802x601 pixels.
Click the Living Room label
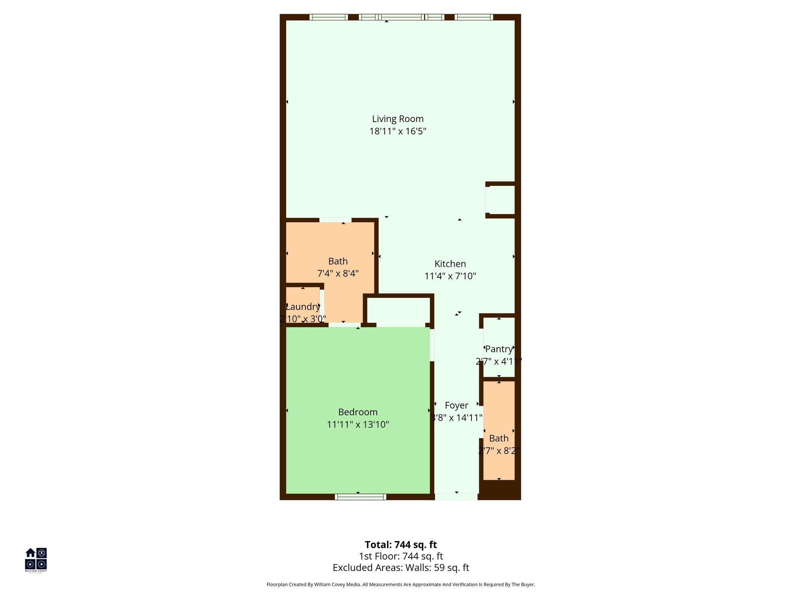click(397, 119)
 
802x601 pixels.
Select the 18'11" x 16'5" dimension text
click(397, 131)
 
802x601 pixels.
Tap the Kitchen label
click(450, 264)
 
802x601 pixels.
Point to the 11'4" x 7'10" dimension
click(450, 276)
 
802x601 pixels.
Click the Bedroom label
click(358, 412)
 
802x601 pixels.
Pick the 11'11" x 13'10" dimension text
click(358, 425)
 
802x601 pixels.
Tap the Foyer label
click(456, 406)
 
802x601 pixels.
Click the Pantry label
click(499, 349)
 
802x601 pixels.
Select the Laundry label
click(303, 307)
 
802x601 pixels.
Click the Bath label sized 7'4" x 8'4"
click(338, 261)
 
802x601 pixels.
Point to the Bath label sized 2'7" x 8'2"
click(499, 439)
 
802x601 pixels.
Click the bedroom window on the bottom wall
click(360, 497)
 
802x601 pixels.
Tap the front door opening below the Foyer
click(456, 497)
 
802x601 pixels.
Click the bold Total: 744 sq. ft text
click(401, 545)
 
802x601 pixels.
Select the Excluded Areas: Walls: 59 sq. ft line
click(401, 568)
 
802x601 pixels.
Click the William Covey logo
click(36, 560)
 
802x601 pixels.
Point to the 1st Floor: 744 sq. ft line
click(401, 556)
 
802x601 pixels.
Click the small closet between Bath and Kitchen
click(398, 310)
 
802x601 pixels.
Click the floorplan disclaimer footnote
click(401, 585)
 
